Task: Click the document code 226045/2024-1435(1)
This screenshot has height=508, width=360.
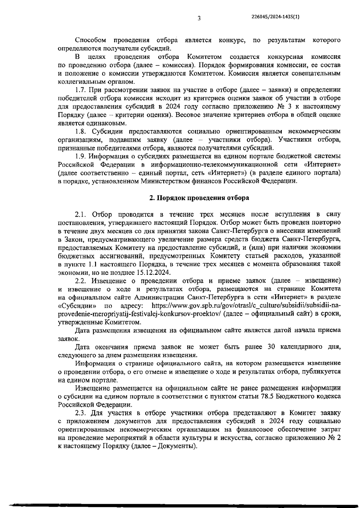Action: click(x=275, y=17)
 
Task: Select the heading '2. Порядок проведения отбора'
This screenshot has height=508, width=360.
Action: click(x=199, y=198)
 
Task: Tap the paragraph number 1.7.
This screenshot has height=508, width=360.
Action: click(x=81, y=90)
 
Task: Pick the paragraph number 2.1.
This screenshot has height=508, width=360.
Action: click(x=81, y=215)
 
